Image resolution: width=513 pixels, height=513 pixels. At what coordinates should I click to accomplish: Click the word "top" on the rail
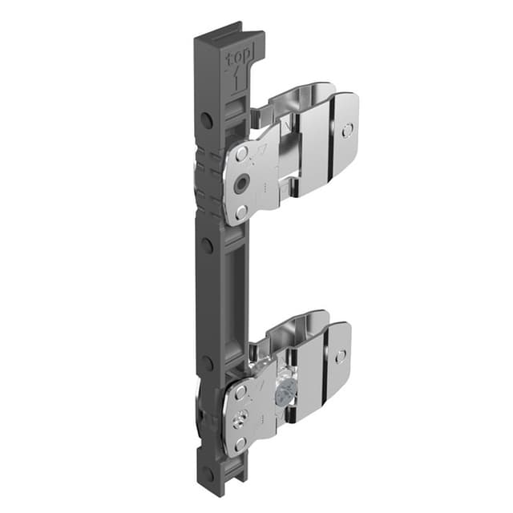238,59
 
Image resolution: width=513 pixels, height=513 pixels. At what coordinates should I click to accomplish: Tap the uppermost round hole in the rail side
206,120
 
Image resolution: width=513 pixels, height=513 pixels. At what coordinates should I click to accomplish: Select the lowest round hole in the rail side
208,474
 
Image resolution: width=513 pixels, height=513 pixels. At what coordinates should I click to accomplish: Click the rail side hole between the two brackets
207,245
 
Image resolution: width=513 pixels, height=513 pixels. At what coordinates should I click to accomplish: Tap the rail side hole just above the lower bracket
207,363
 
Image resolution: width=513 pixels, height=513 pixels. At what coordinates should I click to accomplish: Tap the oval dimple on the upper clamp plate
346,130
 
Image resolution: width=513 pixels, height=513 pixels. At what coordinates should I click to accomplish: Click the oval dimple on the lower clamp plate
341,355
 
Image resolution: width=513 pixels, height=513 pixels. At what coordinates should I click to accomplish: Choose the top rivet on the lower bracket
240,391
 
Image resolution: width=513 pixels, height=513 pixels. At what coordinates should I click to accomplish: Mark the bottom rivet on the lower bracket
241,443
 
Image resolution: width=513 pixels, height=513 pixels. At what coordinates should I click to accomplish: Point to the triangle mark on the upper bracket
261,151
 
